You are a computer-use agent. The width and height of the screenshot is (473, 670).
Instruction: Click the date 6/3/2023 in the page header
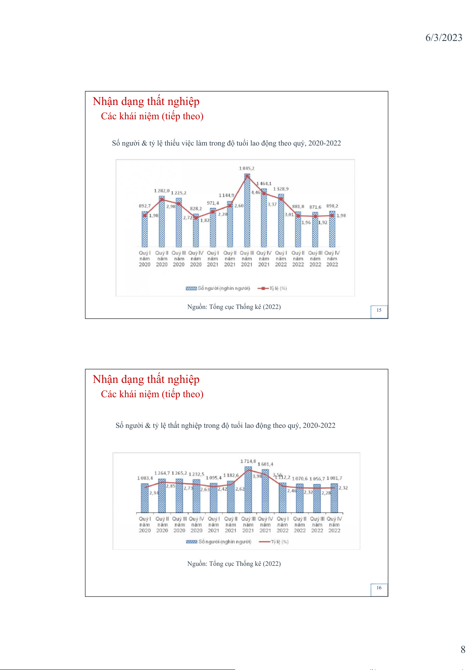[x=444, y=38]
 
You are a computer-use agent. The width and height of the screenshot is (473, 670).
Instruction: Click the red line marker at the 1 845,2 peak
[x=247, y=176]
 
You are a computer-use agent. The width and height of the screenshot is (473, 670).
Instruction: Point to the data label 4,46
[x=256, y=192]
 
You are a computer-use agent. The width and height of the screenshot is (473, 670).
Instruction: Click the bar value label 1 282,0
[x=162, y=191]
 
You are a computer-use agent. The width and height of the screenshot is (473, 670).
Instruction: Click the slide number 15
[x=379, y=310]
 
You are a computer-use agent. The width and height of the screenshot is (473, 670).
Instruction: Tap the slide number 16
[x=379, y=588]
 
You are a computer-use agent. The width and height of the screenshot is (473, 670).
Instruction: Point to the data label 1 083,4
[x=145, y=478]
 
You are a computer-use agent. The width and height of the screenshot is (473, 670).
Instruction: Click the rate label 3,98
[x=257, y=476]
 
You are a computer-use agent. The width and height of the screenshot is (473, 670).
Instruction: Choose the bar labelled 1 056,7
[x=317, y=499]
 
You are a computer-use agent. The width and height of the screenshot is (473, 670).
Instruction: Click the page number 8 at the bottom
[x=463, y=650]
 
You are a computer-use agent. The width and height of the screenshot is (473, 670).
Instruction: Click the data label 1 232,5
[x=197, y=474]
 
